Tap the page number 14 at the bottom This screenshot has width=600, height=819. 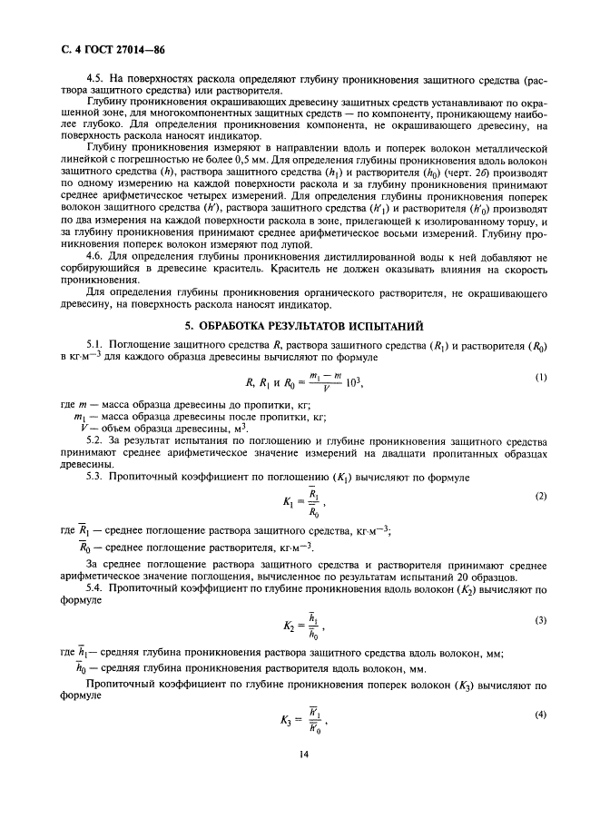[x=299, y=776]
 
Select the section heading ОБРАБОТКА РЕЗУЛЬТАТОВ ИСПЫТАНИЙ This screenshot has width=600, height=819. [x=310, y=325]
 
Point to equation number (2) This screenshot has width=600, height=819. [x=541, y=496]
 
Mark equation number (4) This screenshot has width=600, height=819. [x=541, y=716]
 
